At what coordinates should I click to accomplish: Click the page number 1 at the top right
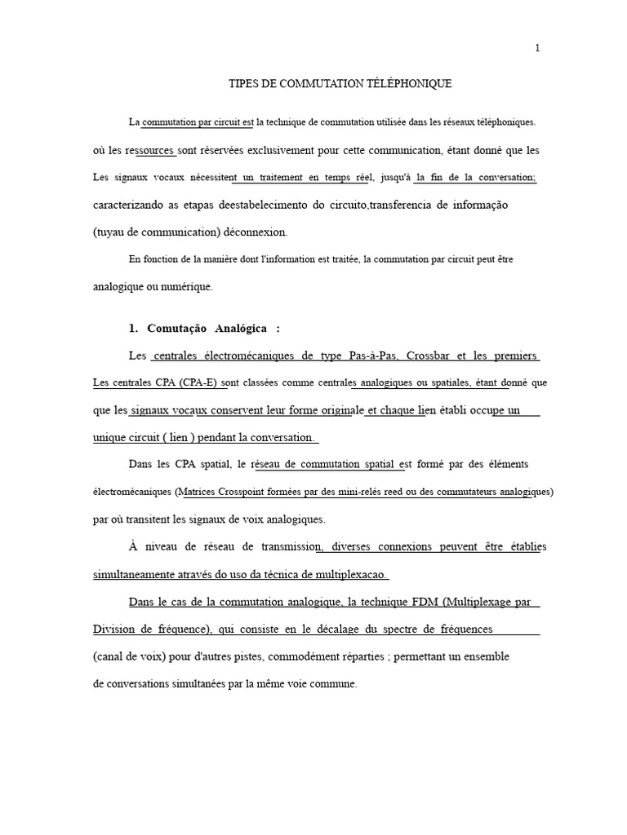click(537, 48)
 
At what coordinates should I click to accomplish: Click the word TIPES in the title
click(242, 84)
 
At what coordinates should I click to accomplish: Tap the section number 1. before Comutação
click(134, 329)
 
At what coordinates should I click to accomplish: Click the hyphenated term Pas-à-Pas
click(373, 356)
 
